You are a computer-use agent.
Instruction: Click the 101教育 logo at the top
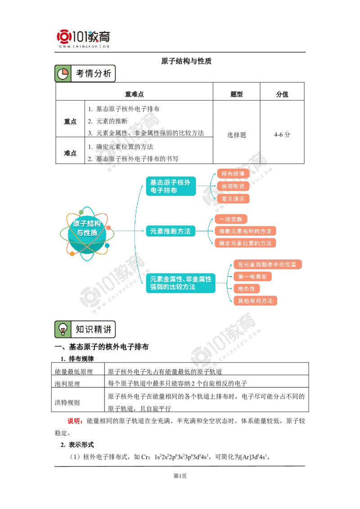(x=85, y=38)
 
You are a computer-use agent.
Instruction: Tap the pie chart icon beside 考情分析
(x=63, y=74)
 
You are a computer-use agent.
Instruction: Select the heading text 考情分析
(x=93, y=74)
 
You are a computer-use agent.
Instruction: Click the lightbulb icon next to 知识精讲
(x=63, y=329)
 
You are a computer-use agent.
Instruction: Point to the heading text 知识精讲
(x=93, y=329)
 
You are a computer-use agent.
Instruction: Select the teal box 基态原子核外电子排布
(x=171, y=186)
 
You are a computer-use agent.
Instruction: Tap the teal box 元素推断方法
(x=171, y=231)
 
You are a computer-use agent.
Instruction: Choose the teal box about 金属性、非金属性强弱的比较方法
(x=180, y=283)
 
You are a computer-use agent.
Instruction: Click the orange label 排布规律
(x=233, y=174)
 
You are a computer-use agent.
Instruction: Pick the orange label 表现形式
(x=233, y=186)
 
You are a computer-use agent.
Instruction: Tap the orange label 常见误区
(x=233, y=198)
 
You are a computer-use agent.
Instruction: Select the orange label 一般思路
(x=231, y=219)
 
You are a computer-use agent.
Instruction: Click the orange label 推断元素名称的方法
(x=245, y=231)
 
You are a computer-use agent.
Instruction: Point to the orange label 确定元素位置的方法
(x=245, y=243)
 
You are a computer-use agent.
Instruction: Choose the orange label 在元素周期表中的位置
(x=267, y=264)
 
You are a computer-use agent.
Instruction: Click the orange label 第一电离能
(x=252, y=277)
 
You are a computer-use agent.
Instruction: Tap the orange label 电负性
(x=247, y=288)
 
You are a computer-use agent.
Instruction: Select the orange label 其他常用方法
(x=256, y=300)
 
